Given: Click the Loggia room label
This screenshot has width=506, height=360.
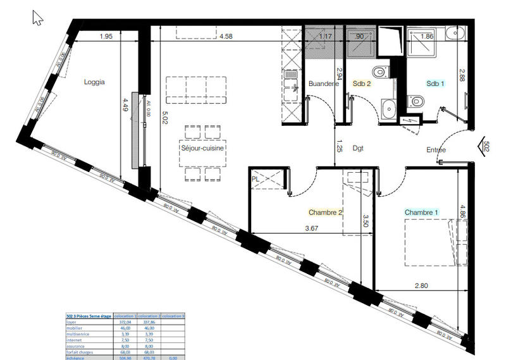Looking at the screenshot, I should pos(94,82).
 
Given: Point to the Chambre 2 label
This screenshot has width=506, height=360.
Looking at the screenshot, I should pos(325,213).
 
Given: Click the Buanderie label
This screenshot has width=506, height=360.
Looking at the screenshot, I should pos(324,84).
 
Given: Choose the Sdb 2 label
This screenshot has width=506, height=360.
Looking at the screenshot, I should pos(362,84).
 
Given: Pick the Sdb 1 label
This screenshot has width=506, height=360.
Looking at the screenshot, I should pos(435,84).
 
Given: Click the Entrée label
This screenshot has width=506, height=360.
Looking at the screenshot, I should pos(436,150).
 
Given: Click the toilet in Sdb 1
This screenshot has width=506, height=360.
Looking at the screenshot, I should pos(415,101).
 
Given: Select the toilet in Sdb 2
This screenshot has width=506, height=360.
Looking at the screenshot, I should pos(379,71).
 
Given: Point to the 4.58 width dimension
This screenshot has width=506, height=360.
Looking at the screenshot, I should pos(226,37).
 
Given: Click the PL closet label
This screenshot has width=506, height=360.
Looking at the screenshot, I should pos(256,178).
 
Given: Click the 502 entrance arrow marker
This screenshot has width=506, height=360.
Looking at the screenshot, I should pos(484,146).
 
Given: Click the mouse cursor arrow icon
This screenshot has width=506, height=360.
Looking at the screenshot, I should pos(37,17).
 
